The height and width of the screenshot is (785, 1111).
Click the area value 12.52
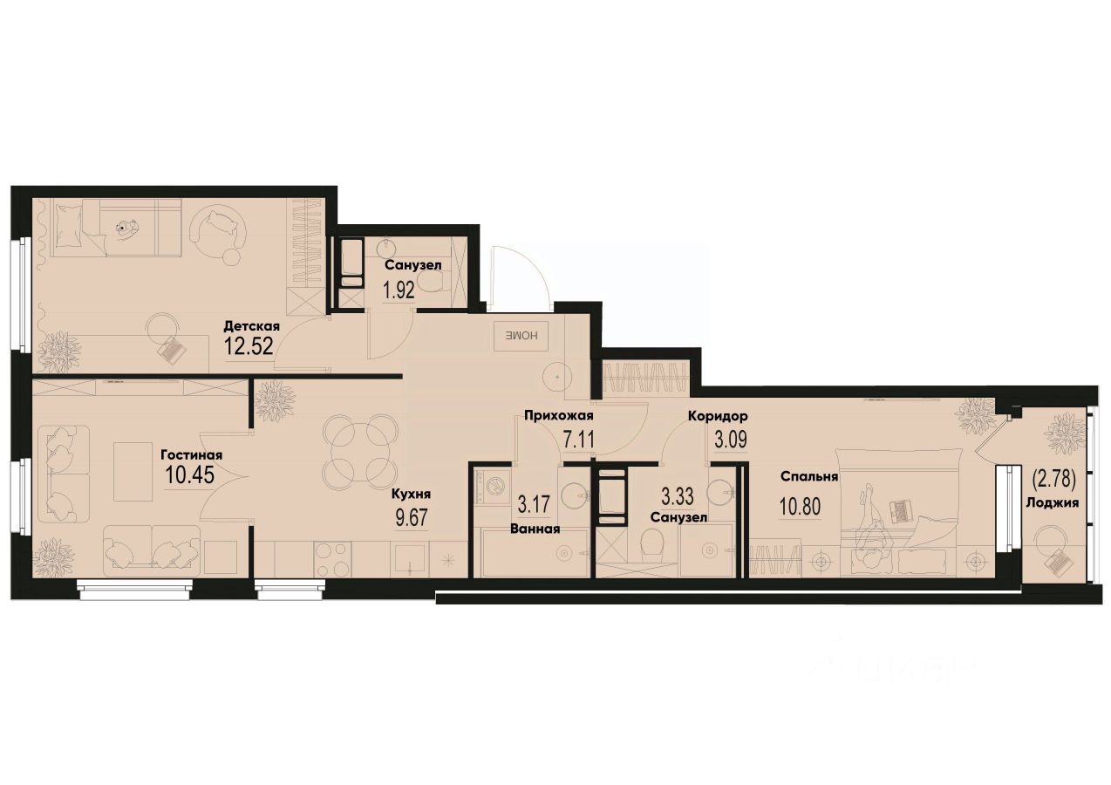click(x=249, y=346)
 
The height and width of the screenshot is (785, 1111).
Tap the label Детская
click(x=250, y=325)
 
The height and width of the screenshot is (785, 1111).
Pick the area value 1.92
click(x=399, y=290)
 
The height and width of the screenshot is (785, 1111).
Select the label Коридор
click(x=717, y=416)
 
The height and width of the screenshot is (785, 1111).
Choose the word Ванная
click(x=535, y=528)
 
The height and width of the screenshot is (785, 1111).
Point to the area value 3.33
click(x=678, y=497)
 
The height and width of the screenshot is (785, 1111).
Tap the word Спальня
click(x=809, y=476)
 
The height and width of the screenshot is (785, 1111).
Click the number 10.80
click(x=798, y=506)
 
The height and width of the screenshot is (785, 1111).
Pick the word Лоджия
click(x=1053, y=502)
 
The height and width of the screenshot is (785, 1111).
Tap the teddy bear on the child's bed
click(x=127, y=229)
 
